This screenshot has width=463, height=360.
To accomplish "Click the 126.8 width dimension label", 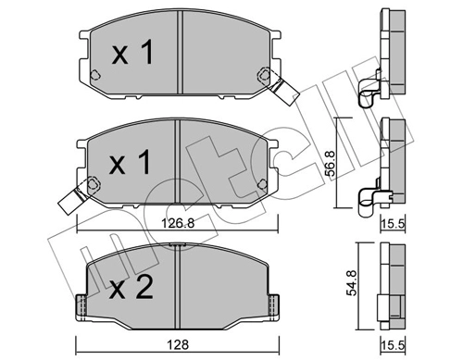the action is click(x=178, y=223).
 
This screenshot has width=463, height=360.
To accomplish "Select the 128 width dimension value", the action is click(x=178, y=344).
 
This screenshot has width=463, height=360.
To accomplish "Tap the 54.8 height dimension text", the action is click(x=351, y=282).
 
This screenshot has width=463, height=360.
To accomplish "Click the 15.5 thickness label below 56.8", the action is click(x=393, y=224).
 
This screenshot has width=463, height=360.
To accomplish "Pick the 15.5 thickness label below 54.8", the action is click(x=393, y=345).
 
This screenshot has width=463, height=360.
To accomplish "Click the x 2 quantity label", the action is click(x=131, y=288).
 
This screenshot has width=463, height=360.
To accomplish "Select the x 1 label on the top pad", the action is click(x=132, y=52).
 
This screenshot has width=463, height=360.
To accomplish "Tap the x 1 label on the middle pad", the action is click(x=130, y=163).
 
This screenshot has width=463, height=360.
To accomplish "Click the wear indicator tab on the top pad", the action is click(x=283, y=91).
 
